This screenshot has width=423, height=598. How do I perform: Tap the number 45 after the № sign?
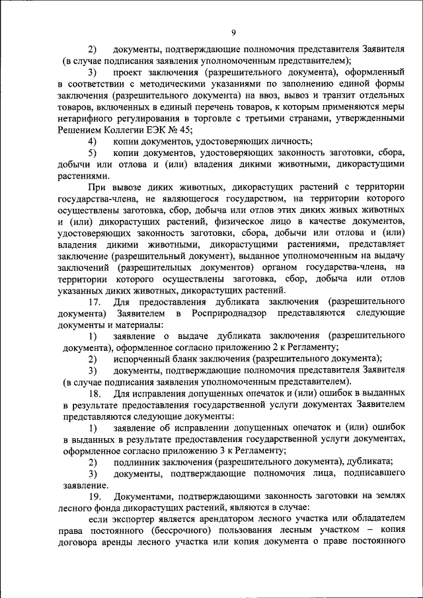click(184, 130)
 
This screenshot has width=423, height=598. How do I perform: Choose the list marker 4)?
click(93, 141)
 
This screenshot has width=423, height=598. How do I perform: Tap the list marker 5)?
click(93, 153)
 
